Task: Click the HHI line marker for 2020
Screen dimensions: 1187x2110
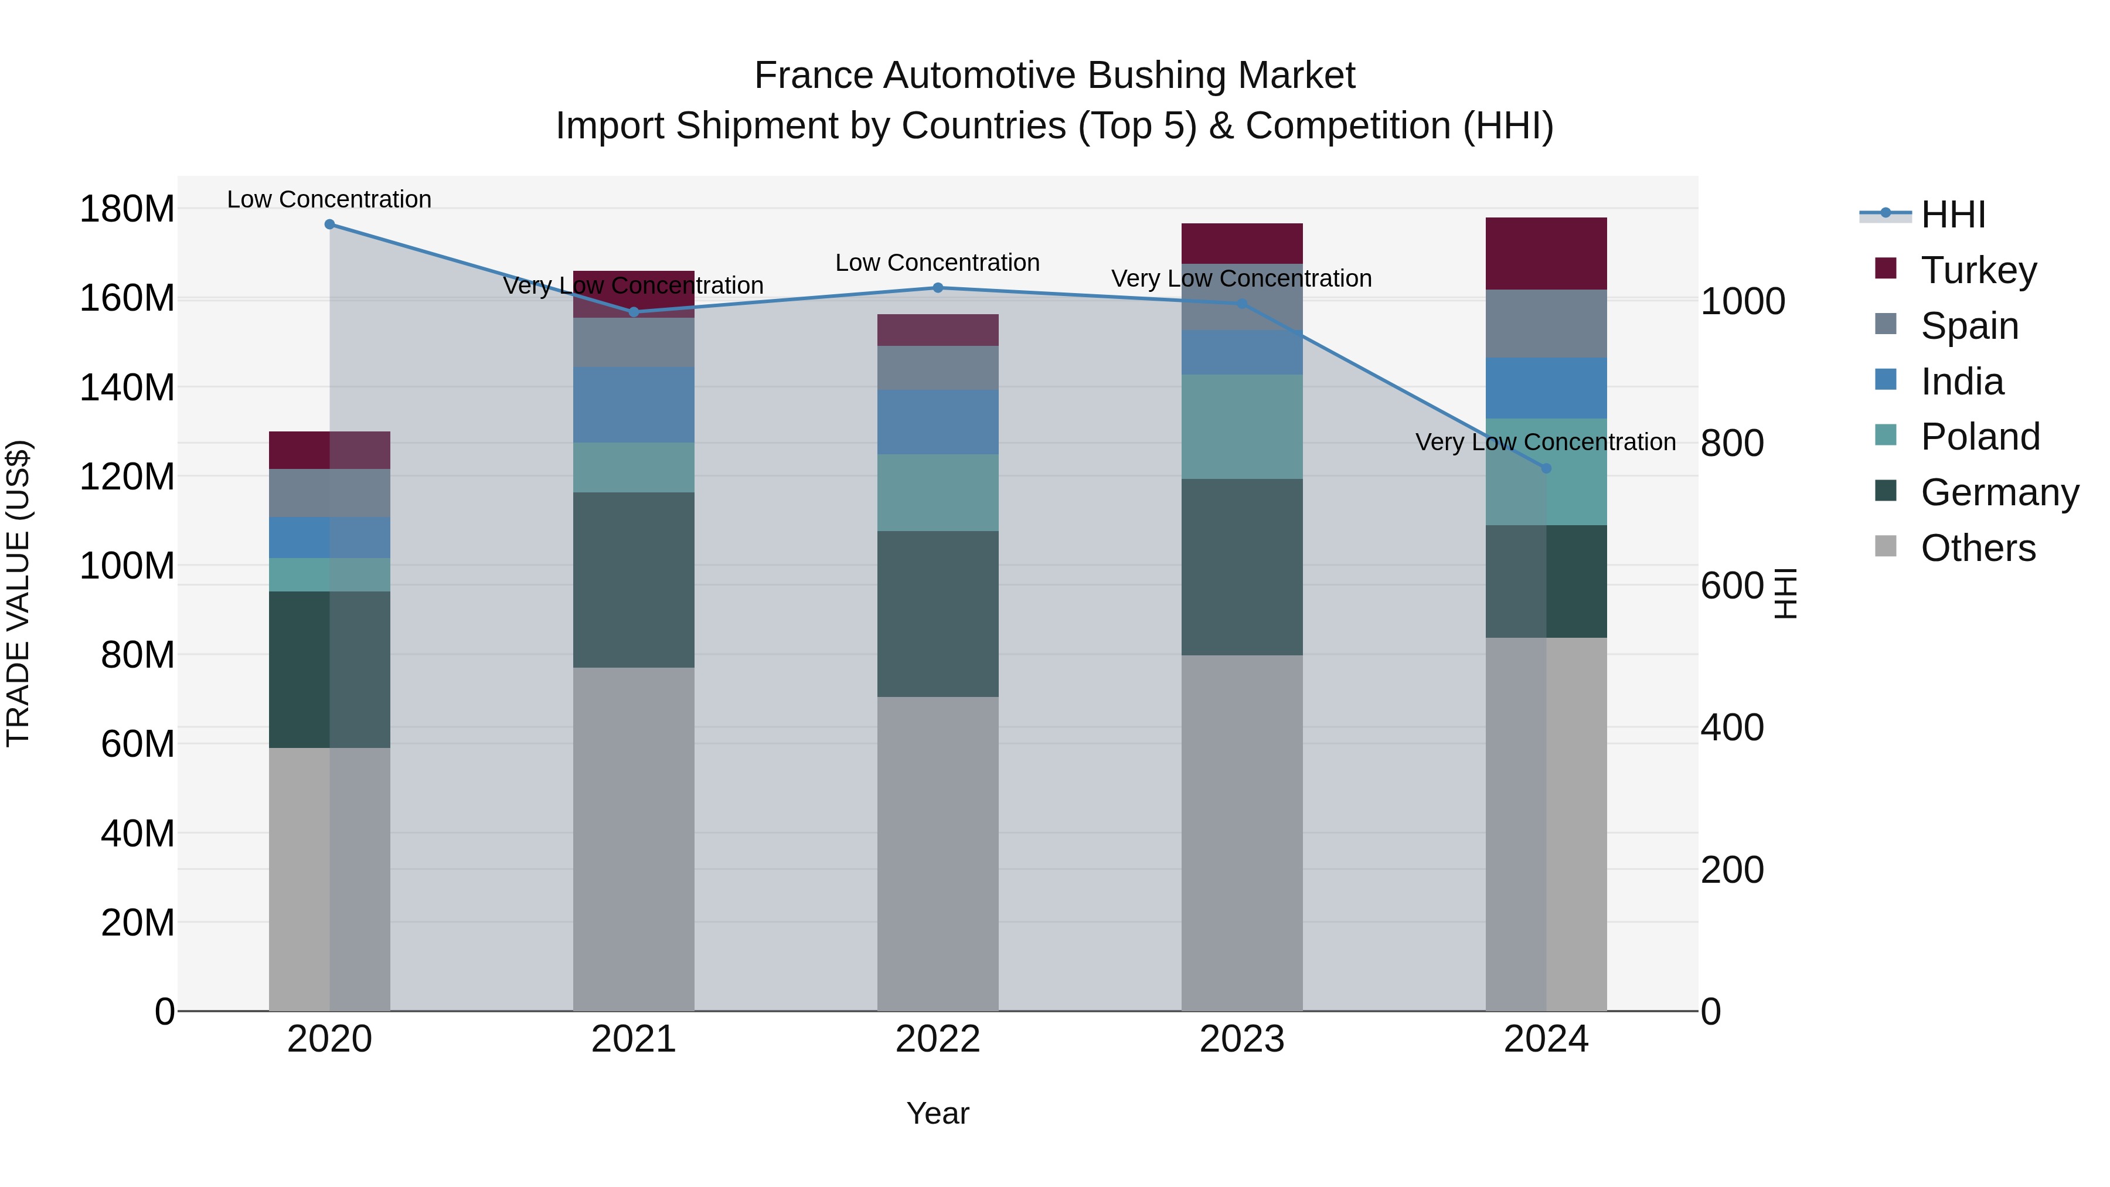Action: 329,225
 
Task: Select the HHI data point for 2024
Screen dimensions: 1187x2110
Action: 1546,468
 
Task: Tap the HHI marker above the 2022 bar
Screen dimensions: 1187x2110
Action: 938,288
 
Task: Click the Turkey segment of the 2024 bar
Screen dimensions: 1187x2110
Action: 1546,253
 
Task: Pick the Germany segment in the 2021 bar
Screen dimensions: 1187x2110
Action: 633,579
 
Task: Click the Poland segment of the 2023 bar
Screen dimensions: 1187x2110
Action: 1242,426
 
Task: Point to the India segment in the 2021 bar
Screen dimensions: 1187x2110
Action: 633,404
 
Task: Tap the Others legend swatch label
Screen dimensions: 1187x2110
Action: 1978,548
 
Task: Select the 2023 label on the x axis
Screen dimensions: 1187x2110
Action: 1242,1039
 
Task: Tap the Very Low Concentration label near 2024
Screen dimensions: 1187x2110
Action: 1545,443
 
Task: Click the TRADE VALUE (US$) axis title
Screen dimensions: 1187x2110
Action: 18,593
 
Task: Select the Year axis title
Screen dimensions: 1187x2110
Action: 937,1113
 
